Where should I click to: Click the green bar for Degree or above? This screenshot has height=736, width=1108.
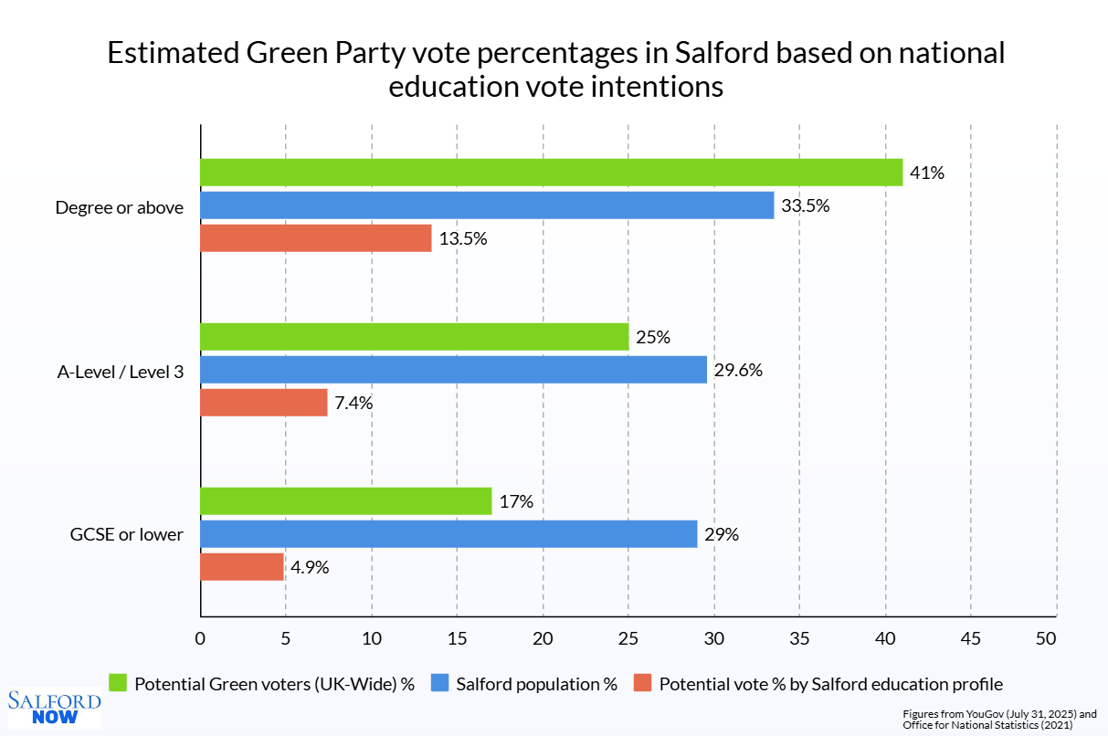click(551, 173)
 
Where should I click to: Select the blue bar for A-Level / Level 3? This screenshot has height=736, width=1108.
click(453, 370)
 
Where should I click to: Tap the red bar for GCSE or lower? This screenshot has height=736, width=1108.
click(242, 567)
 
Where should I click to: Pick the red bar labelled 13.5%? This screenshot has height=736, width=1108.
click(315, 238)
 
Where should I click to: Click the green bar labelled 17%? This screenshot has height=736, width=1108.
click(345, 501)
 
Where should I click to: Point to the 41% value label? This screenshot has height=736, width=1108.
click(926, 173)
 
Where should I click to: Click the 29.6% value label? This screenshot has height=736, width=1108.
click(738, 370)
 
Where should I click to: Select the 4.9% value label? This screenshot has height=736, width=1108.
click(310, 567)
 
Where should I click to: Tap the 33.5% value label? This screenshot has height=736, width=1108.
click(805, 205)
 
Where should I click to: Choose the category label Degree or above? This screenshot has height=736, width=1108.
click(120, 207)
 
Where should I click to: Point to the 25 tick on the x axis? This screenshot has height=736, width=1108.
click(628, 638)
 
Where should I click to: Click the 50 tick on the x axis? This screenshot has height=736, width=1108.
click(1046, 638)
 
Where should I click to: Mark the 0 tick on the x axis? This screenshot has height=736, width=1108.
click(200, 638)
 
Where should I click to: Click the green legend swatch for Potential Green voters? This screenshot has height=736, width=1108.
click(118, 683)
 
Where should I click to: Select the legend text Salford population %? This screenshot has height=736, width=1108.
click(536, 683)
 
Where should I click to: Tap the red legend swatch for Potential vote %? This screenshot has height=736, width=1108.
click(642, 683)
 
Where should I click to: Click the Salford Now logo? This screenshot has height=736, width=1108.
click(54, 708)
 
